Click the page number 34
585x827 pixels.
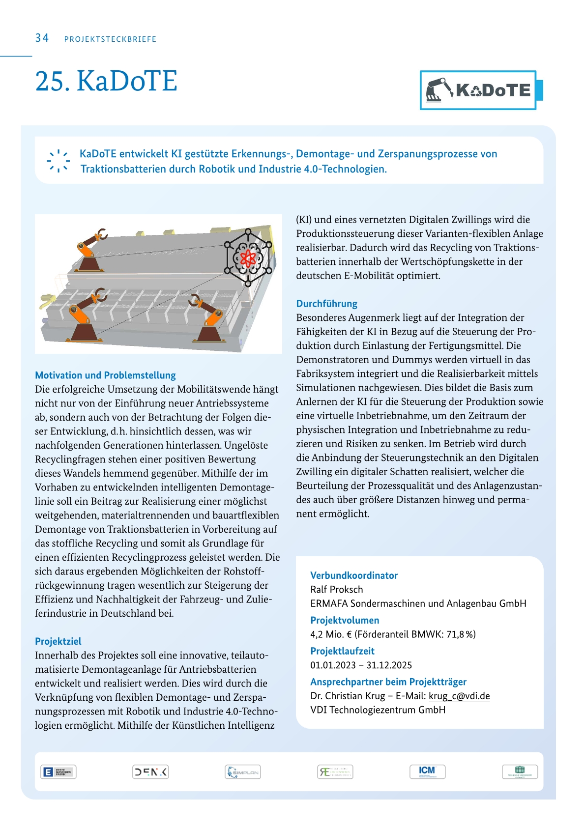(42, 38)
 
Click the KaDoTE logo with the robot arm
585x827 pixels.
(478, 90)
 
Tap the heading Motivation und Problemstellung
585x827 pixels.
(105, 375)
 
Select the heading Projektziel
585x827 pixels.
(58, 641)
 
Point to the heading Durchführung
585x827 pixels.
(326, 304)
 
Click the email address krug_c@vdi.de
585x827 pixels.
(459, 696)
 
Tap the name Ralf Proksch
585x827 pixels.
(337, 589)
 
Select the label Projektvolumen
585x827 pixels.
(345, 620)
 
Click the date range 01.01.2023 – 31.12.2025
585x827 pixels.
(361, 665)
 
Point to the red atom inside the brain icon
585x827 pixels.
(248, 257)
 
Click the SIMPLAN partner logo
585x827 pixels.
(242, 772)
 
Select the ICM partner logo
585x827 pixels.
(427, 771)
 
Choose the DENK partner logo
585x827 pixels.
(150, 772)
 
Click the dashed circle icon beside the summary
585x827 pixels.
(58, 161)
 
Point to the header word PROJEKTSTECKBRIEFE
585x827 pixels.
(110, 39)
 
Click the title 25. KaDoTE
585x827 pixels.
(106, 81)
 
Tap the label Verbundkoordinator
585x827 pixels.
(354, 575)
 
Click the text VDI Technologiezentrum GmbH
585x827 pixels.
(378, 710)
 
